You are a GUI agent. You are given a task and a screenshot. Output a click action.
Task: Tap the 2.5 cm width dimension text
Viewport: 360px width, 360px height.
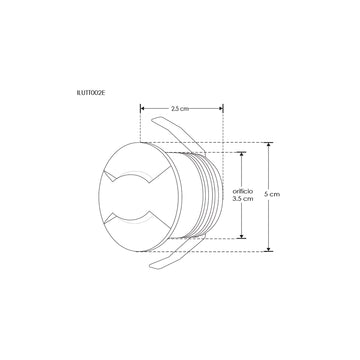tap(181, 108)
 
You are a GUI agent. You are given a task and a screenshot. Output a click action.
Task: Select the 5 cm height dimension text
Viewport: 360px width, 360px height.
tap(287, 196)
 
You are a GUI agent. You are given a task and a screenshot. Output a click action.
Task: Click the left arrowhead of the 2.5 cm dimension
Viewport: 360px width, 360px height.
tap(142, 108)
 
